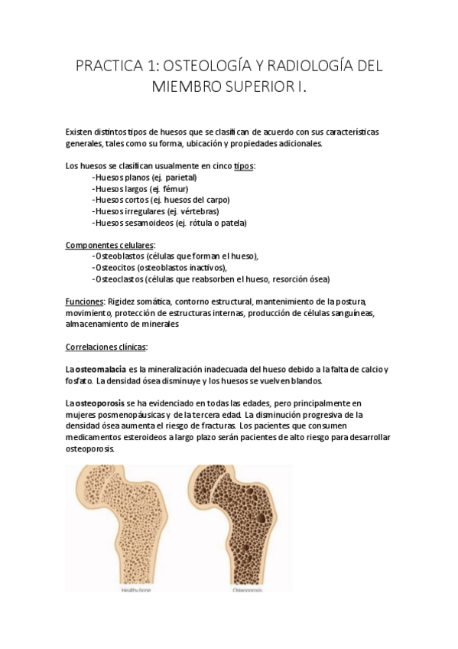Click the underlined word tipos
point(244,165)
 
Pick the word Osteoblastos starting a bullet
point(119,256)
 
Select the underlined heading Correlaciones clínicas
point(106,347)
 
